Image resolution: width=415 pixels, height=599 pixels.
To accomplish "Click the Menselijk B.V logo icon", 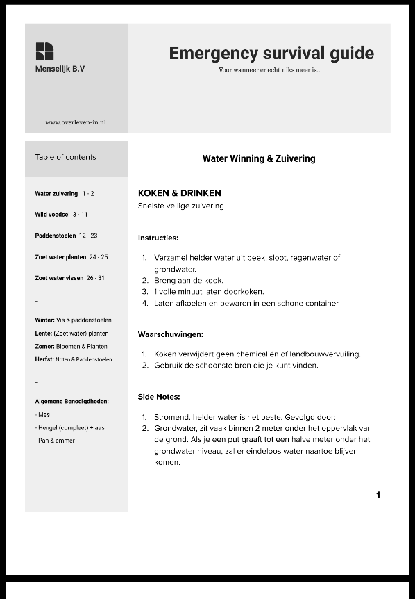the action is click(x=44, y=51).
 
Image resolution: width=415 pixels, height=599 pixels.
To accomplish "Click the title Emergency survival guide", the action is click(x=271, y=54).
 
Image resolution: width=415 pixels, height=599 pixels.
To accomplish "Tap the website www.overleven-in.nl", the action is click(x=76, y=122).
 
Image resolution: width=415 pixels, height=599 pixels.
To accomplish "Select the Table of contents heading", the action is click(x=65, y=157).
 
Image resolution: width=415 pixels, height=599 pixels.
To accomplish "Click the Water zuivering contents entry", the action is click(x=65, y=194).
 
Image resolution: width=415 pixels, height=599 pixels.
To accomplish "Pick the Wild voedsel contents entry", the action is click(x=61, y=215).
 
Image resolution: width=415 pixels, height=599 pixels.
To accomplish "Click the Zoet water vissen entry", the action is click(x=69, y=278).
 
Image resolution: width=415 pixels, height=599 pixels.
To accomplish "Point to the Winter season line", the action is click(x=73, y=320).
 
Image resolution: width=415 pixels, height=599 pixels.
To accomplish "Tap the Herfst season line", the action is click(x=73, y=359).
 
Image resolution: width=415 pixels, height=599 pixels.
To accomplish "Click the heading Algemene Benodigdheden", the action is click(x=71, y=401).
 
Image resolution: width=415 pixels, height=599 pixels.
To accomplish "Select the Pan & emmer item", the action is click(x=55, y=441).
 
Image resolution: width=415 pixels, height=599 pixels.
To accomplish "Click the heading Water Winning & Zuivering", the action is click(x=259, y=158).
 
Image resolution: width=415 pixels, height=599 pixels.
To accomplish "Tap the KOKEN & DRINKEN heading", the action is click(x=180, y=193).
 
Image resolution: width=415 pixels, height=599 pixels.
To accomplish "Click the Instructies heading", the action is click(x=158, y=238).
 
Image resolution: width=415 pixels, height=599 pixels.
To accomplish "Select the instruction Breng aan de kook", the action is click(x=188, y=281).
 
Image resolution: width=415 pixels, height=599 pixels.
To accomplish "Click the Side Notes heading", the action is click(x=159, y=397).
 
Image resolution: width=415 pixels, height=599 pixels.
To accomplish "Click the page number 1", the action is click(x=378, y=495).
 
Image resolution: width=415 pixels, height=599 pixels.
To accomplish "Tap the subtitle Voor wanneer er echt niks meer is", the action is click(x=269, y=70).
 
